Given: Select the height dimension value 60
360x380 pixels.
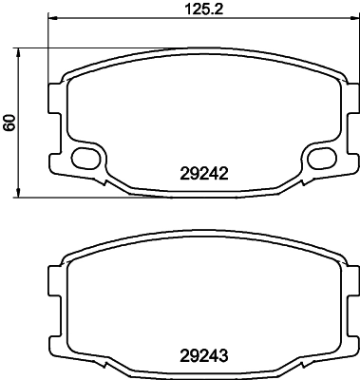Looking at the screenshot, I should click(9, 123).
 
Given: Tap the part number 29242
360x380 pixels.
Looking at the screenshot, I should click(206, 174).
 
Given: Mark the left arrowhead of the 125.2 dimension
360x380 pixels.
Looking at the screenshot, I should click(51, 21).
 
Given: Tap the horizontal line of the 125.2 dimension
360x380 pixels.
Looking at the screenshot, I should click(142, 21).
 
